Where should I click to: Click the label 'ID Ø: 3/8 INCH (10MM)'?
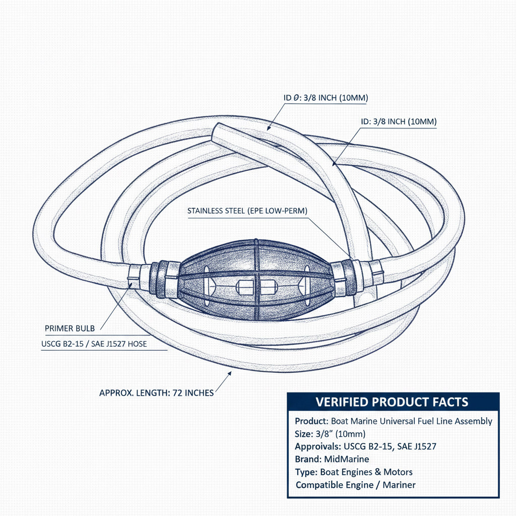coord(326,98)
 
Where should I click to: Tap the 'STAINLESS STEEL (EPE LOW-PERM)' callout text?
coord(247,211)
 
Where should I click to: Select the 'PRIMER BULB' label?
coord(70,329)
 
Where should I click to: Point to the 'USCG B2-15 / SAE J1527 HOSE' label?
coord(94,344)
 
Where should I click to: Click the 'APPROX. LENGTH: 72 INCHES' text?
coord(157,393)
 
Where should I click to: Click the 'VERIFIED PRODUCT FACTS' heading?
coord(392,402)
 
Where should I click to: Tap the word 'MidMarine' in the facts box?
coord(347,459)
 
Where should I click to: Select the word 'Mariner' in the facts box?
coord(399,485)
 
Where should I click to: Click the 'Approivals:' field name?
coord(318,446)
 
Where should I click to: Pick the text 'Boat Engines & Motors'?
coord(366,472)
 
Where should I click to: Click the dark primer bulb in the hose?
coord(255,280)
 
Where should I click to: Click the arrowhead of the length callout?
coord(229,373)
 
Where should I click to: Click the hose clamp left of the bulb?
coord(134,276)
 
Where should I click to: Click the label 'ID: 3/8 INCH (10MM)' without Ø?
coord(399,122)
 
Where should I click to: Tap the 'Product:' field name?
coord(311,421)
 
